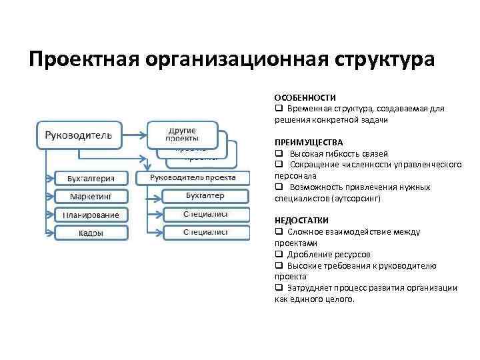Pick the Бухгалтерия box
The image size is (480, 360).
click(x=89, y=178)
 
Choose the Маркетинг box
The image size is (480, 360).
click(x=89, y=197)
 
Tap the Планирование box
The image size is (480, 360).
click(x=89, y=215)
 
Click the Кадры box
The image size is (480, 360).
click(x=89, y=233)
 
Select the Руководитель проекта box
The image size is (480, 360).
click(x=193, y=177)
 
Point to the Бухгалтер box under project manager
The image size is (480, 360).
click(x=205, y=196)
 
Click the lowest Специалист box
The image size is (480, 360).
click(x=205, y=232)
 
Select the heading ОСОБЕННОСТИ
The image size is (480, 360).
click(x=305, y=98)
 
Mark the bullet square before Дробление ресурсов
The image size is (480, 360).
click(x=278, y=255)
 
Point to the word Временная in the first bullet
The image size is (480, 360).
click(x=308, y=109)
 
